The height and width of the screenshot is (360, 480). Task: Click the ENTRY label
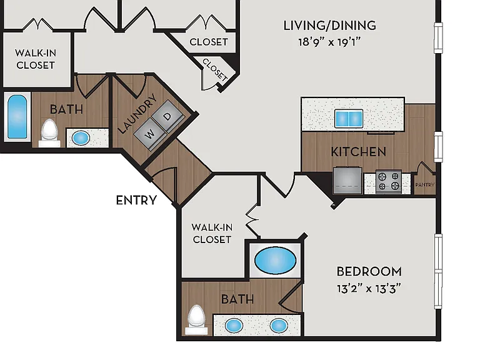click(136, 200)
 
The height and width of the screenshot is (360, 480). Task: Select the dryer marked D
click(167, 117)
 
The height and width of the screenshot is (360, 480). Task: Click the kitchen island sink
click(349, 119)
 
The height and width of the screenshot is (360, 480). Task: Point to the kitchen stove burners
click(389, 181)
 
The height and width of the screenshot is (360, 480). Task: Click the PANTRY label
click(424, 185)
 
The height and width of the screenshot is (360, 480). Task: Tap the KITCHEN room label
click(359, 152)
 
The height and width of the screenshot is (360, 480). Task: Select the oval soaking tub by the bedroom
click(275, 261)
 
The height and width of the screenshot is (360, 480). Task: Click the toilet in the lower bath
click(196, 320)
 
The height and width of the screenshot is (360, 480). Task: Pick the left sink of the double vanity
click(234, 326)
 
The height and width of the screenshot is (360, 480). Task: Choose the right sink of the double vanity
click(279, 326)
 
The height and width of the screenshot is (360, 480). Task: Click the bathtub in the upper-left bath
click(17, 117)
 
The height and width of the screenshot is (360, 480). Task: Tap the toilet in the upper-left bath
click(49, 134)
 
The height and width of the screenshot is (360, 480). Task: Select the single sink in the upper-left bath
click(81, 138)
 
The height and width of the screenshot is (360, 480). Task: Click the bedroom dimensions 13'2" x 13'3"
click(369, 288)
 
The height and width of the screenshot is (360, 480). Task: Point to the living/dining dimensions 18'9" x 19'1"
click(330, 42)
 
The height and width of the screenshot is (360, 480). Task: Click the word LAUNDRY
click(137, 114)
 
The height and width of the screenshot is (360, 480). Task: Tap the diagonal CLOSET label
click(215, 70)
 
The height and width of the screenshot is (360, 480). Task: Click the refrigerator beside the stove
click(347, 180)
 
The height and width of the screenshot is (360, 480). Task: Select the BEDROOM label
click(369, 271)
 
